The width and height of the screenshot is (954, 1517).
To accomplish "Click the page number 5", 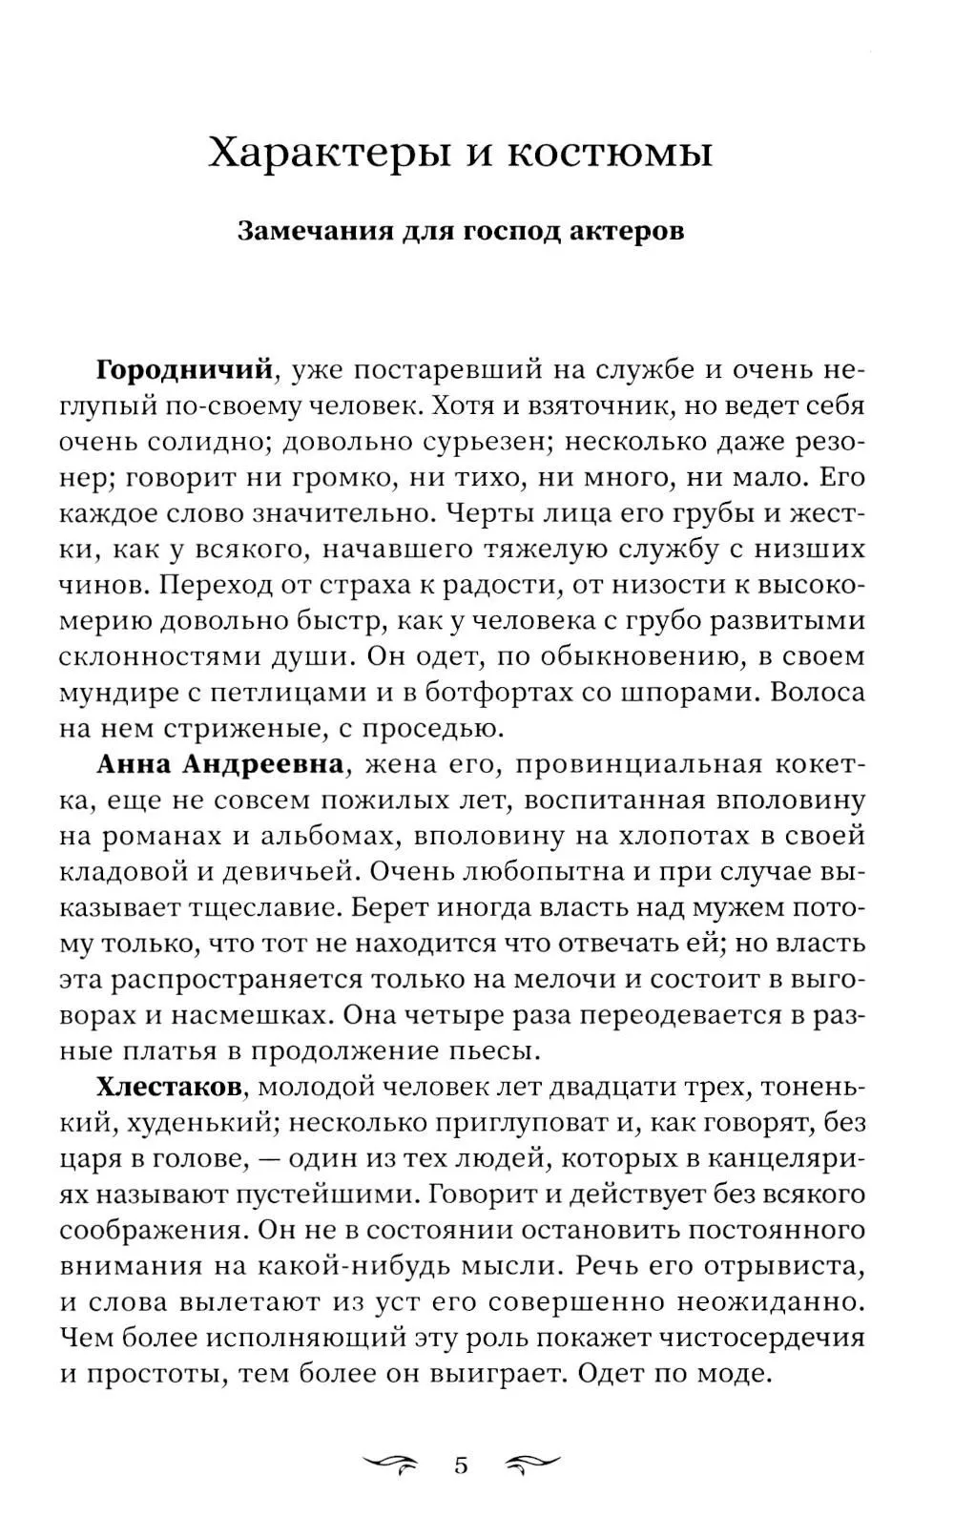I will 462,1439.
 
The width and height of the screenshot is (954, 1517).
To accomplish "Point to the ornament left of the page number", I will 392,1439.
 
